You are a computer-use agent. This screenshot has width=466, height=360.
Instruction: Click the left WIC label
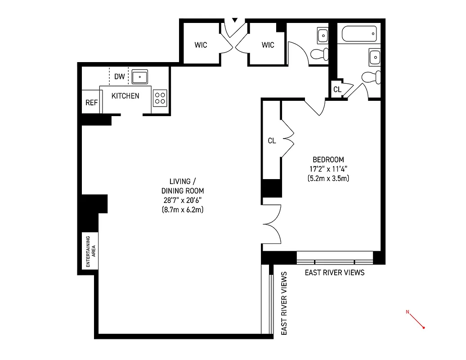pos(201,45)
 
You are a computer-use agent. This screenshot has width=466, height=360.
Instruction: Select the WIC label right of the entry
pos(268,45)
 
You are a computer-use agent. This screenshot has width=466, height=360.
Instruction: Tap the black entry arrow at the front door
pos(234,20)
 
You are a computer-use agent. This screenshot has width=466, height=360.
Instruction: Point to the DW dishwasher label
pos(119,76)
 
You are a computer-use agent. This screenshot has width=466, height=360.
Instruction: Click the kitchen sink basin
pos(140,76)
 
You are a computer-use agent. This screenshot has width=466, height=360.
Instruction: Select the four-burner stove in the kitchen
pos(160,98)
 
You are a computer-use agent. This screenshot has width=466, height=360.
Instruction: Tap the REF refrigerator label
pos(91,103)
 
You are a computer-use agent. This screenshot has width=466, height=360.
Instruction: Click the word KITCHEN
pos(125,96)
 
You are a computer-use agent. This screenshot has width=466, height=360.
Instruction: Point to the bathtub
pos(359,34)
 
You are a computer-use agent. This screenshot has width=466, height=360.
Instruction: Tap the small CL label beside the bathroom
pos(337,90)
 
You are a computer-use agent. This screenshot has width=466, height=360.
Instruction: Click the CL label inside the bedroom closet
pos(272,141)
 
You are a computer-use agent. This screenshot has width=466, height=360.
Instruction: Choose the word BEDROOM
pos(328,160)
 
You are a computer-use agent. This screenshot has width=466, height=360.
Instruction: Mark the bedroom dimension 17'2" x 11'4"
pos(328,169)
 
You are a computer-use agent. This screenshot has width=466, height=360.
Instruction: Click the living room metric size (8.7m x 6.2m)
pos(183,210)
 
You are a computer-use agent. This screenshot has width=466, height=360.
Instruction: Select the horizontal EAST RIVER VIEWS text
pos(335,273)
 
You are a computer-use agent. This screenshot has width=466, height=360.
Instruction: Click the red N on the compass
pos(408,311)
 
